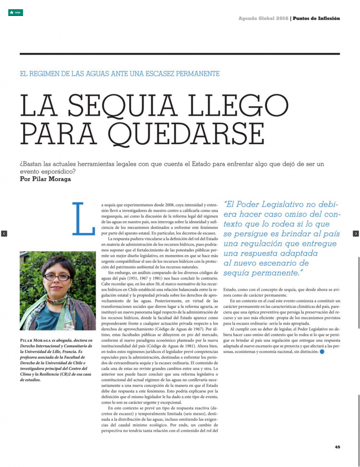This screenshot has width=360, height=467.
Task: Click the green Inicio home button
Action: point(15,13)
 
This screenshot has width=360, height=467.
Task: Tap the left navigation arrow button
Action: point(4,233)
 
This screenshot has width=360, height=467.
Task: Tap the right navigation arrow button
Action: point(356,233)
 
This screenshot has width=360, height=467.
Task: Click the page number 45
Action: point(337,447)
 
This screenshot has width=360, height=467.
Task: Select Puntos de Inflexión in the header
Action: point(316,19)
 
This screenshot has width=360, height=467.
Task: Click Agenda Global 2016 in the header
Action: point(263,19)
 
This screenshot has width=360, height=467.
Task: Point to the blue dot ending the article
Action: point(323,352)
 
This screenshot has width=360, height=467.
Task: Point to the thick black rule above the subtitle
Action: point(180,54)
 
